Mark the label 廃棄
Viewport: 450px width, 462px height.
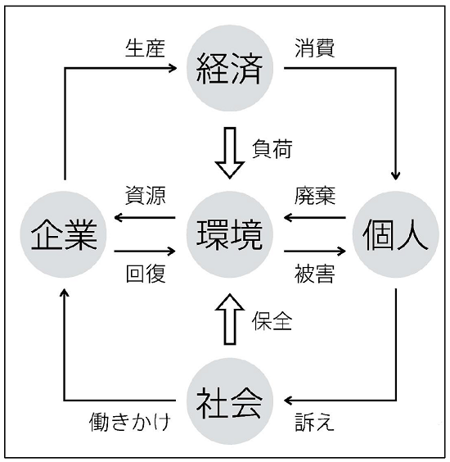(315, 197)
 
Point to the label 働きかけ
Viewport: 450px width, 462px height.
(129, 423)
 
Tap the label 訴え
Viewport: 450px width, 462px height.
(314, 423)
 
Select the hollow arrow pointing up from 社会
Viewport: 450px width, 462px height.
(229, 320)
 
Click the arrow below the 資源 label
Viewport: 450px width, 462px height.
(146, 218)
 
